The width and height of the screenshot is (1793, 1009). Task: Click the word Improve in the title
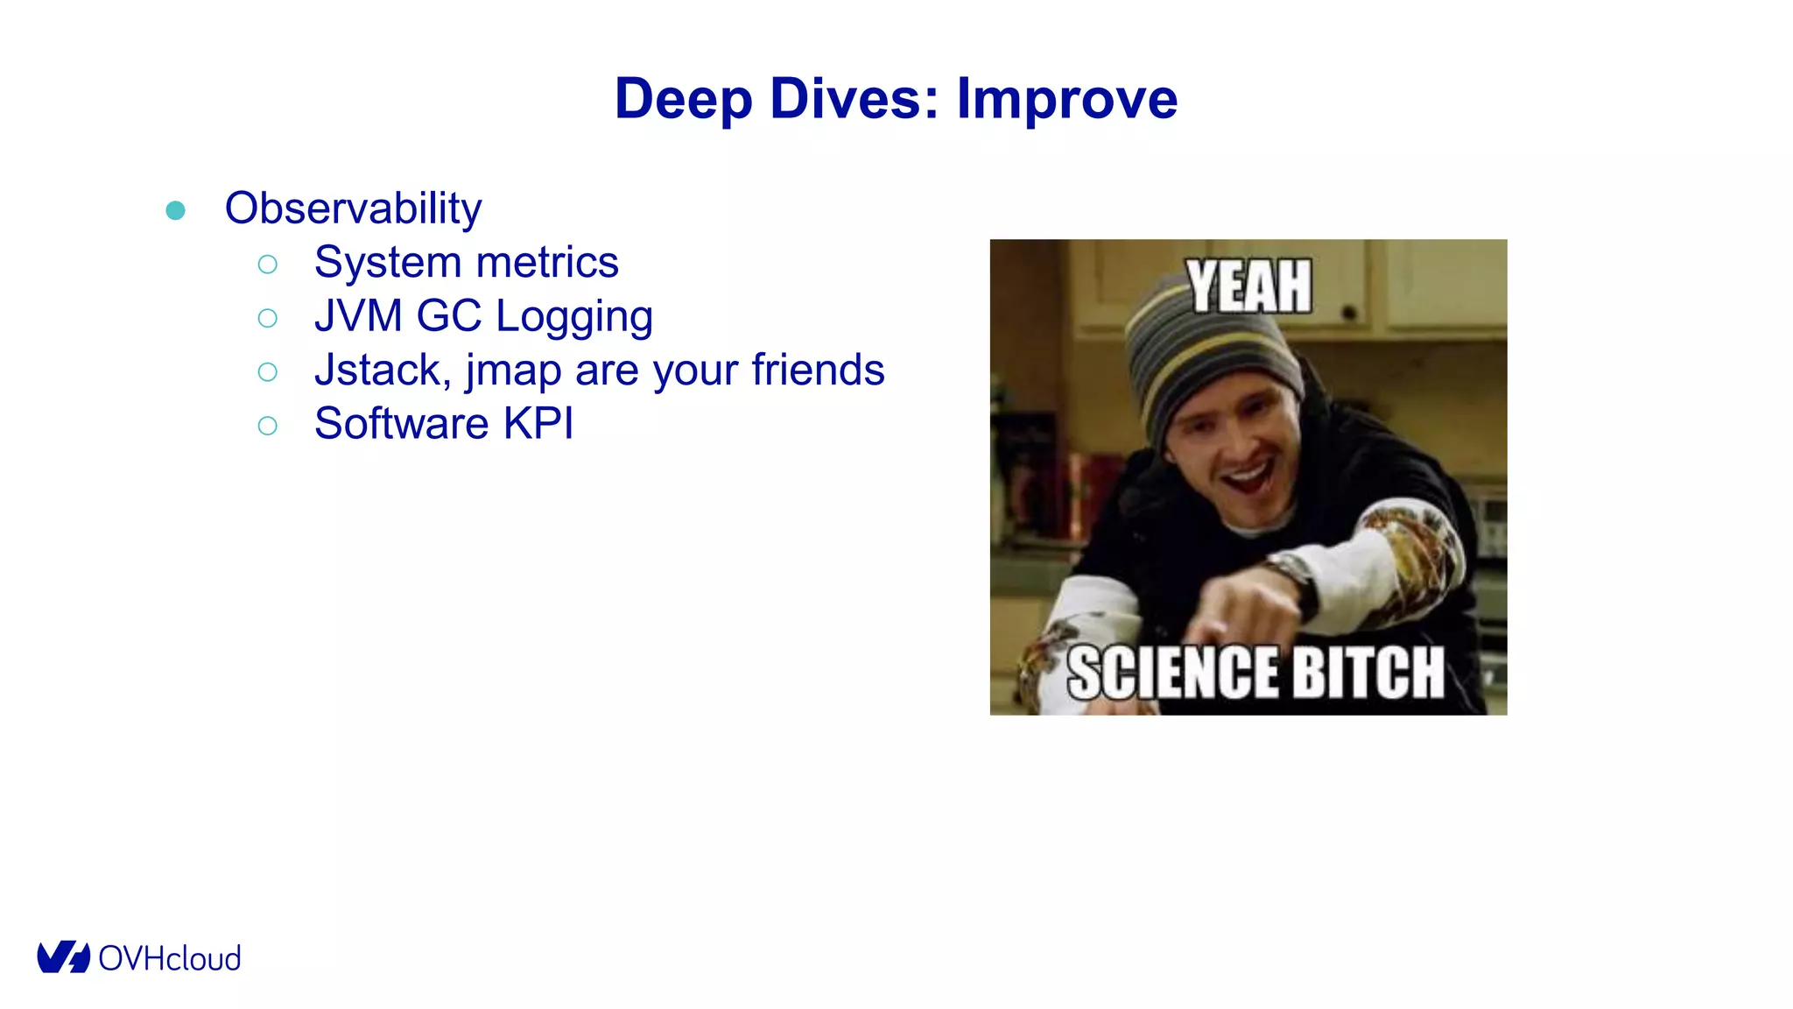(x=1066, y=98)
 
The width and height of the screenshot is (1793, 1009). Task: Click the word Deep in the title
(x=683, y=98)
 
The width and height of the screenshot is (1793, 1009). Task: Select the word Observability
(x=353, y=208)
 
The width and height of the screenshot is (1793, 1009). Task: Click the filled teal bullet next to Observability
(x=175, y=210)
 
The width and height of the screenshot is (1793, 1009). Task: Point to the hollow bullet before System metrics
(x=268, y=264)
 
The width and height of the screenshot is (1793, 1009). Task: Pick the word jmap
(x=513, y=371)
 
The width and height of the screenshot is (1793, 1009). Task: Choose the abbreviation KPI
(x=538, y=424)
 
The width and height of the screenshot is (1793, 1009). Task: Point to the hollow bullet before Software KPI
(x=268, y=426)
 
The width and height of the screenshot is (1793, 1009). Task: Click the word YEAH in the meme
(x=1248, y=286)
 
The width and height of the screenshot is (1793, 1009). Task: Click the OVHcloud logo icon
(x=63, y=957)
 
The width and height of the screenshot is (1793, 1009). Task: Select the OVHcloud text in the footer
(x=170, y=958)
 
